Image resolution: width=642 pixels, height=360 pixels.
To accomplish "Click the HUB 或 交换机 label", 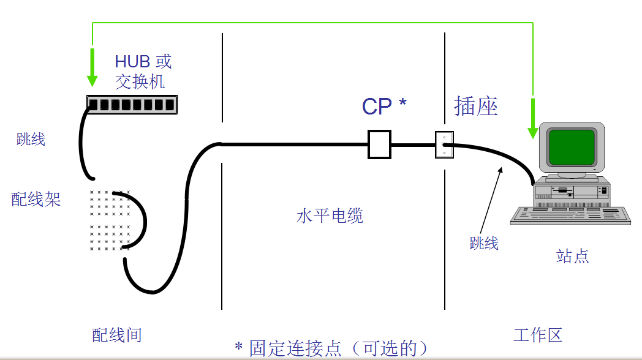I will pyautogui.click(x=143, y=70).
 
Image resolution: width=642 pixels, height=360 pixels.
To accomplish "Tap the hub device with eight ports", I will pyautogui.click(x=131, y=105).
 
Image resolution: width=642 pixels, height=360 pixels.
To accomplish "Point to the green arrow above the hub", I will pyautogui.click(x=92, y=68).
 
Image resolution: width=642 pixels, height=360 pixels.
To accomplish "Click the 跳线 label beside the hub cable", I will pyautogui.click(x=31, y=140).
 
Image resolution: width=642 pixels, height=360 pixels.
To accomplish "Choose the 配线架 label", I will pyautogui.click(x=36, y=199).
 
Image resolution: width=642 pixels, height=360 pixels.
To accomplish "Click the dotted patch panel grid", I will pyautogui.click(x=110, y=220).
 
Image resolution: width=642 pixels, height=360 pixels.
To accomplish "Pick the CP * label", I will pyautogui.click(x=384, y=107).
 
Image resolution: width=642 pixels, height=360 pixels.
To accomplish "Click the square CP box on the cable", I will pyautogui.click(x=379, y=144).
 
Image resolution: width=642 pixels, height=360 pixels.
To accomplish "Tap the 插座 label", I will pyautogui.click(x=475, y=106).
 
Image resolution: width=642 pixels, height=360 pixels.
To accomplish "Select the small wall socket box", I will pyautogui.click(x=444, y=145).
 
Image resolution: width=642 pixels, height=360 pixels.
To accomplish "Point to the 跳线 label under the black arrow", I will pyautogui.click(x=484, y=243).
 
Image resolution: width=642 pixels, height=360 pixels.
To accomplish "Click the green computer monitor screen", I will pyautogui.click(x=571, y=147).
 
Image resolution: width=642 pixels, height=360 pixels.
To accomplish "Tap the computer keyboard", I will pyautogui.click(x=570, y=215).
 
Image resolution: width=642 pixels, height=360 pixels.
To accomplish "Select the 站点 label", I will pyautogui.click(x=572, y=256).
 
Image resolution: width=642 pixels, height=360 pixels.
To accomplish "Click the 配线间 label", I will pyautogui.click(x=116, y=335).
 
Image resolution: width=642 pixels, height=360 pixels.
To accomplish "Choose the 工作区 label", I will pyautogui.click(x=537, y=335).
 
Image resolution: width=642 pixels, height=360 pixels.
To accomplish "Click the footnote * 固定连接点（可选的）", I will pyautogui.click(x=331, y=348).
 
